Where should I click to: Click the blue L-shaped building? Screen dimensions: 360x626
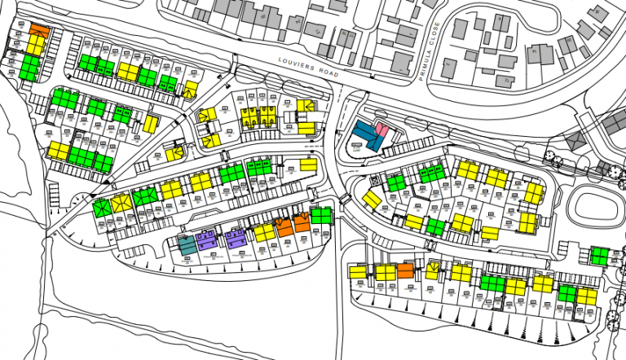(x=366, y=136)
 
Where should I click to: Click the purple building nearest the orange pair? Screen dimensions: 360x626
(x=235, y=238)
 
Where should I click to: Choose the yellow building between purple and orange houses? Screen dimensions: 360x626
(x=264, y=233)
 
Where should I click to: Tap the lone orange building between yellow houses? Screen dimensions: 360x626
(x=405, y=271)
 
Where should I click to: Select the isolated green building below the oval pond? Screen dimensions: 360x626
(x=600, y=257)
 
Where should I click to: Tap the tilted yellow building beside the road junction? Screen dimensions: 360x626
(x=372, y=200)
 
